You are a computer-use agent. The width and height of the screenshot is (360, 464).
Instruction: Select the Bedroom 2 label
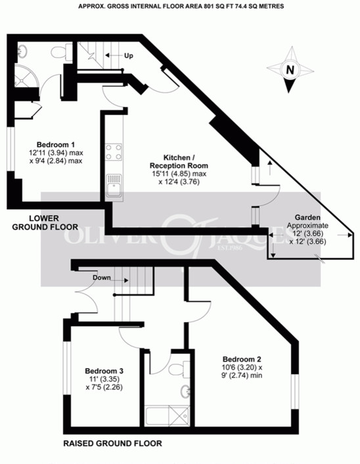pyautogui.click(x=242, y=359)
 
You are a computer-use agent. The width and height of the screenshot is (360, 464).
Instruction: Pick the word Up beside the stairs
pyautogui.click(x=128, y=56)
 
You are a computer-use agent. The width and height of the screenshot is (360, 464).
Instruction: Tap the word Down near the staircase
pyautogui.click(x=101, y=278)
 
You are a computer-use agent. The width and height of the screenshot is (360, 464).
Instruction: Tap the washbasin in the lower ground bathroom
pyautogui.click(x=22, y=50)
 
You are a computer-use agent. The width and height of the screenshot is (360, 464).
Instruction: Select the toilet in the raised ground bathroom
pyautogui.click(x=188, y=366)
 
